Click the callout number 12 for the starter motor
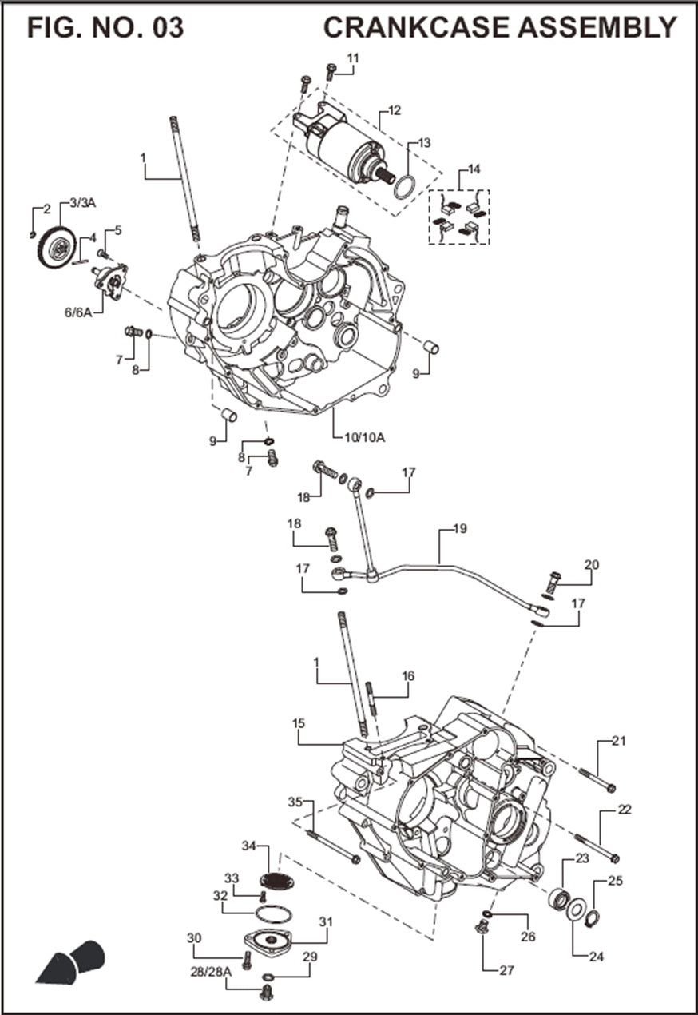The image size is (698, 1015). pos(395,110)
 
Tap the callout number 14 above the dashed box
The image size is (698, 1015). pos(474,169)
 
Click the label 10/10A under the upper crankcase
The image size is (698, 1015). pos(364,437)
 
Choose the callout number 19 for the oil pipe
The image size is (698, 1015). pos(459,529)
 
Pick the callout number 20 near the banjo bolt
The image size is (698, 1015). pos(591,565)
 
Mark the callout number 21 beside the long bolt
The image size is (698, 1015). pos(619,741)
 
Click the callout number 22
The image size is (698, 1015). pos(625,810)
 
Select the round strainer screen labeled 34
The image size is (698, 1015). pos(277,881)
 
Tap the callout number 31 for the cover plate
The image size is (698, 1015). pos(325,921)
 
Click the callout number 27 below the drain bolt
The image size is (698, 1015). pos(506,971)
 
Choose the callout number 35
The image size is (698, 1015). pos(295,802)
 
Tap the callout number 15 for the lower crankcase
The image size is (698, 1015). pos(299,723)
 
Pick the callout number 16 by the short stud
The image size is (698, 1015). pos(408,676)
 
